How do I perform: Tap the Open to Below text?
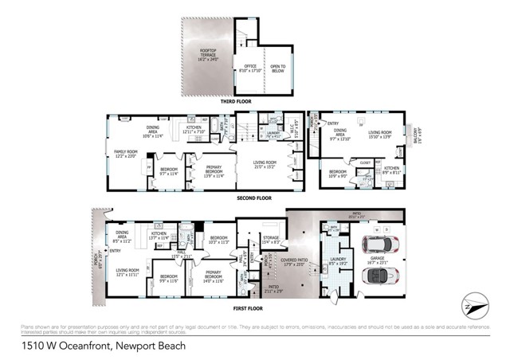277,67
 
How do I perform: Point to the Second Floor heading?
255,198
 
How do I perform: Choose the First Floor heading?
255,307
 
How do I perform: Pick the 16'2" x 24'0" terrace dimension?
206,57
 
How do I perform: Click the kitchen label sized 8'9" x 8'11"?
391,170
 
